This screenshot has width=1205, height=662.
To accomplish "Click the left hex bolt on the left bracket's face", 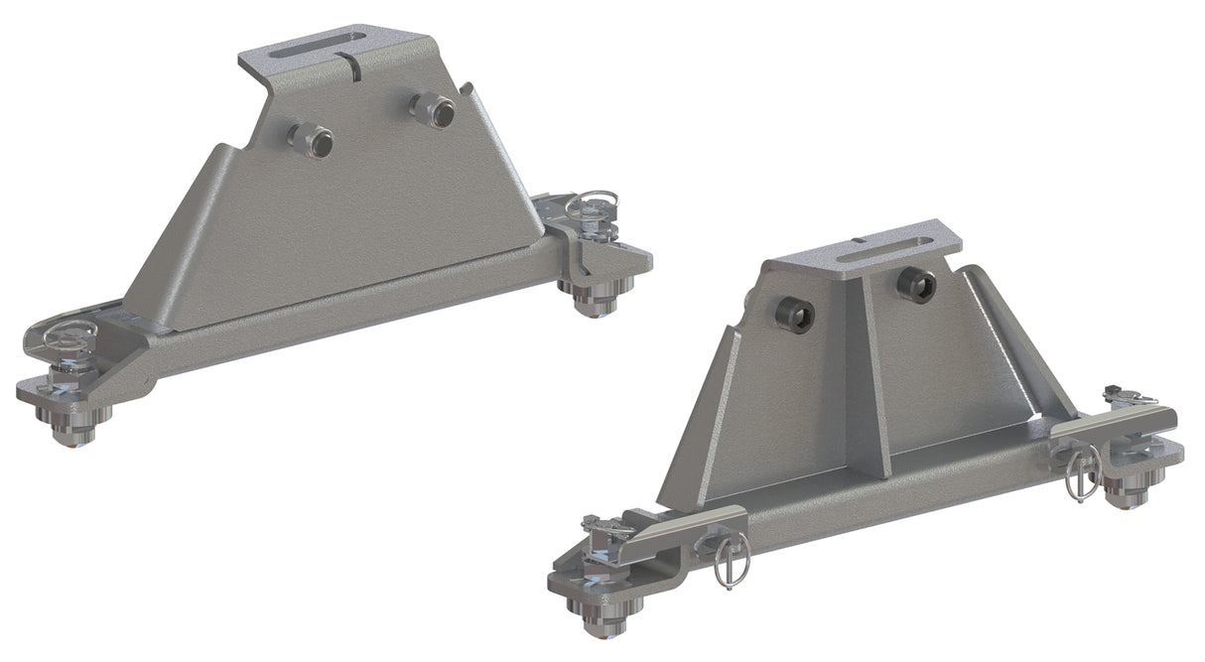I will [310, 141].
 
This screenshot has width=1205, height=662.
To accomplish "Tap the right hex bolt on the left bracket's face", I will [433, 108].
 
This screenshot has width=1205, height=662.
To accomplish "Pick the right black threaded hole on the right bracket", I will [914, 285].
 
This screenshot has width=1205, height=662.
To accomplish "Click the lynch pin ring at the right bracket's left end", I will [733, 562].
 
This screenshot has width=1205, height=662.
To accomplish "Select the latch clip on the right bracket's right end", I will [1128, 396].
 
